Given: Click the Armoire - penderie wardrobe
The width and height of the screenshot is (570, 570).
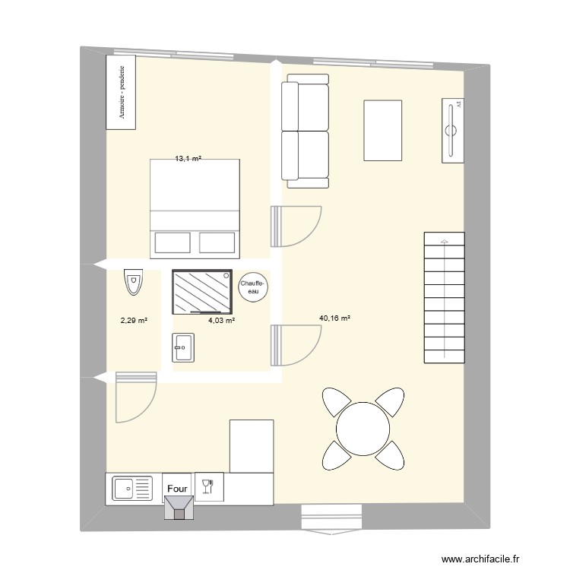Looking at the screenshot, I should [122, 91].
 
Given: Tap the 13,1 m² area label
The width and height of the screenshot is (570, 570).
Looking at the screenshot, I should [188, 159].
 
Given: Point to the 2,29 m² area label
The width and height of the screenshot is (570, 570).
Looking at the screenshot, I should [133, 321].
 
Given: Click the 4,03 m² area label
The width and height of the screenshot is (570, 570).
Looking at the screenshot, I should [221, 321].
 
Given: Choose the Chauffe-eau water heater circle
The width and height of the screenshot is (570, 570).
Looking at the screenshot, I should [253, 287].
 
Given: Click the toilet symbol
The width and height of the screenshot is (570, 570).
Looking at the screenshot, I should [134, 283].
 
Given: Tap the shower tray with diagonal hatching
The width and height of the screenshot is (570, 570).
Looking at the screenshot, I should [201, 291].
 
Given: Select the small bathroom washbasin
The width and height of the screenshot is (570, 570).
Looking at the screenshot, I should [185, 348].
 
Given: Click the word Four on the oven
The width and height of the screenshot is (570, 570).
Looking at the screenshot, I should [178, 489].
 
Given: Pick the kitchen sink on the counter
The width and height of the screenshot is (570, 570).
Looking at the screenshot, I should [132, 488].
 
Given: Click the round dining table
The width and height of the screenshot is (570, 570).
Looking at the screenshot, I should [363, 427].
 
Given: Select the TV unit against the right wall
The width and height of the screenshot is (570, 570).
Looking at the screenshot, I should [453, 130].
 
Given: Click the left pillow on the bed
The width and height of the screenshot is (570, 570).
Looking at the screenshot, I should [172, 242].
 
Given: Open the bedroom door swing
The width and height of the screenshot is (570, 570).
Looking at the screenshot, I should [296, 226].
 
